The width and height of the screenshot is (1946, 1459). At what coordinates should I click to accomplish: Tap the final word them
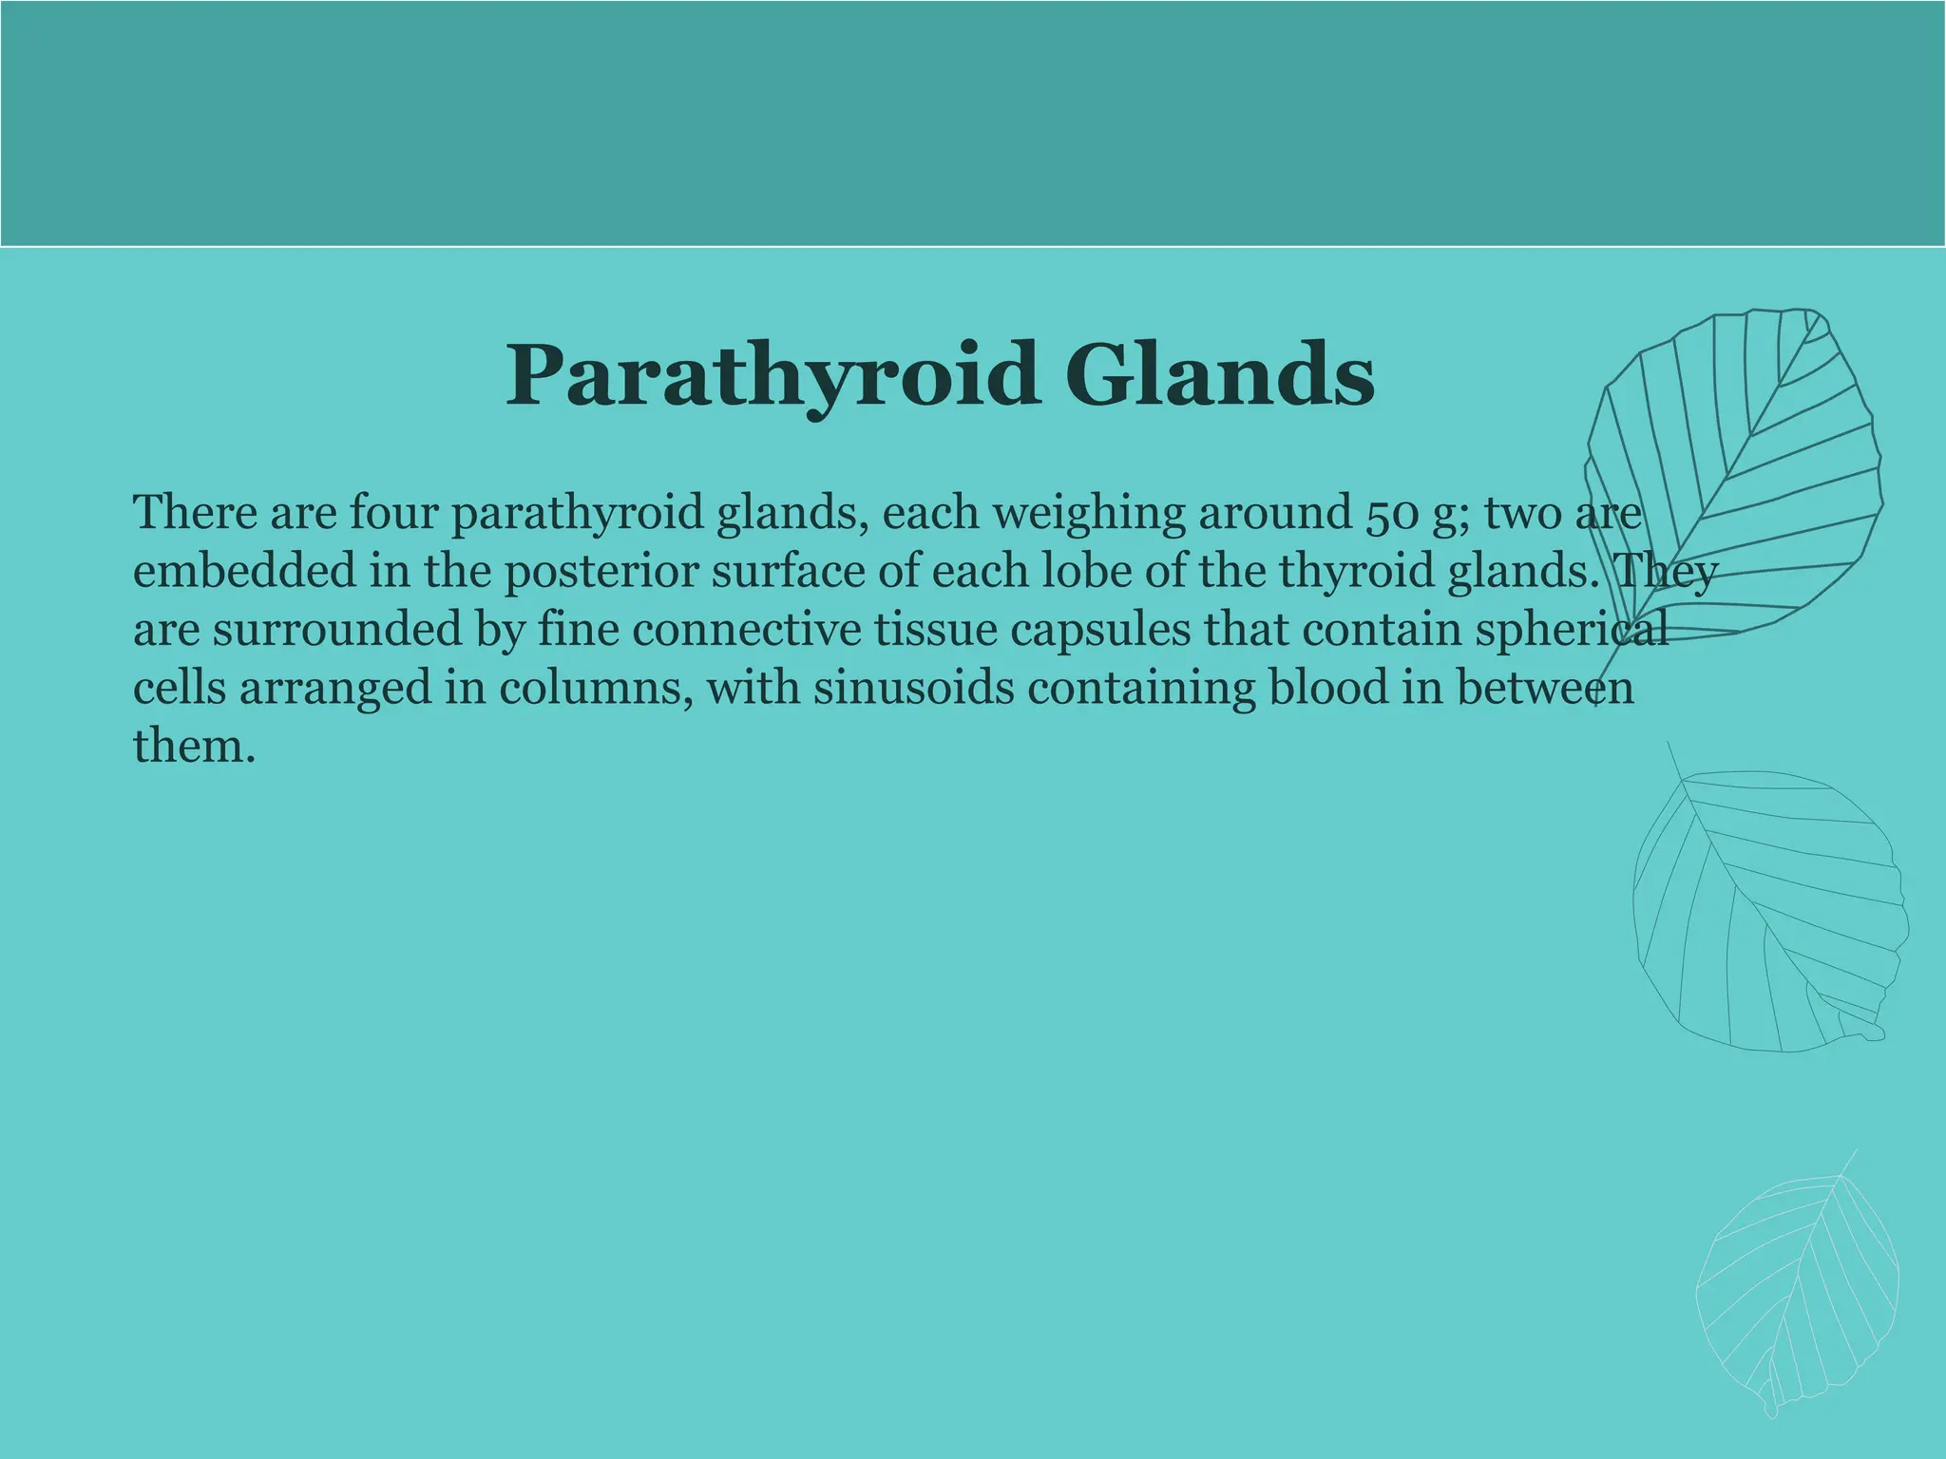(194, 747)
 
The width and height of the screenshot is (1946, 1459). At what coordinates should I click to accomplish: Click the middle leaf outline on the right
(1767, 912)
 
